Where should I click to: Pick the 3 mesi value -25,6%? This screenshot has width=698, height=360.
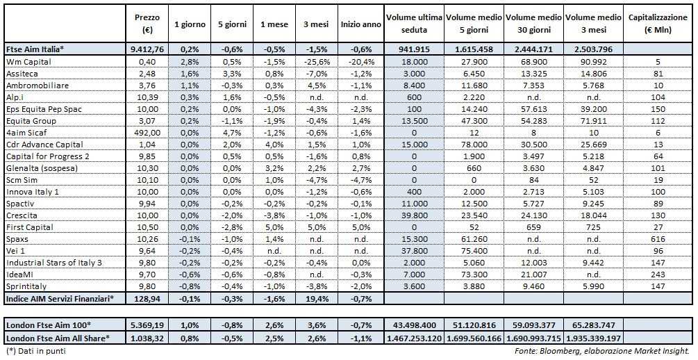[315, 61]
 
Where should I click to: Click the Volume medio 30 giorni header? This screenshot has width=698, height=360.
[533, 24]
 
